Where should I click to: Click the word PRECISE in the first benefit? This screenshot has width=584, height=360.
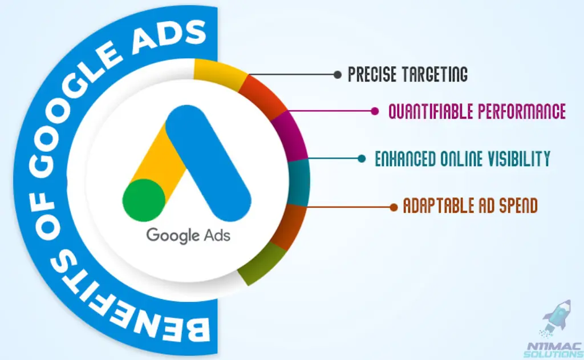372,74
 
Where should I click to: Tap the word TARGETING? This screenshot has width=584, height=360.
435,74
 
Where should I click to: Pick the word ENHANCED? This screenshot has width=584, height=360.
405,159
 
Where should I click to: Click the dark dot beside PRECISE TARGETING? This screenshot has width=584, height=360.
338,75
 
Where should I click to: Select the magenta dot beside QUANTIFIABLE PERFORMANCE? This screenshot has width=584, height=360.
375,111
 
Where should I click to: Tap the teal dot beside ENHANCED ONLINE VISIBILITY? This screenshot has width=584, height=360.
361,159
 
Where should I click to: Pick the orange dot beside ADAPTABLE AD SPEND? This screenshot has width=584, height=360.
394,208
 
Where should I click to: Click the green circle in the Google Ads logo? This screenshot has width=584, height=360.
144,200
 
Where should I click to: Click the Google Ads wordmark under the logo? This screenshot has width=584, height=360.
188,236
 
